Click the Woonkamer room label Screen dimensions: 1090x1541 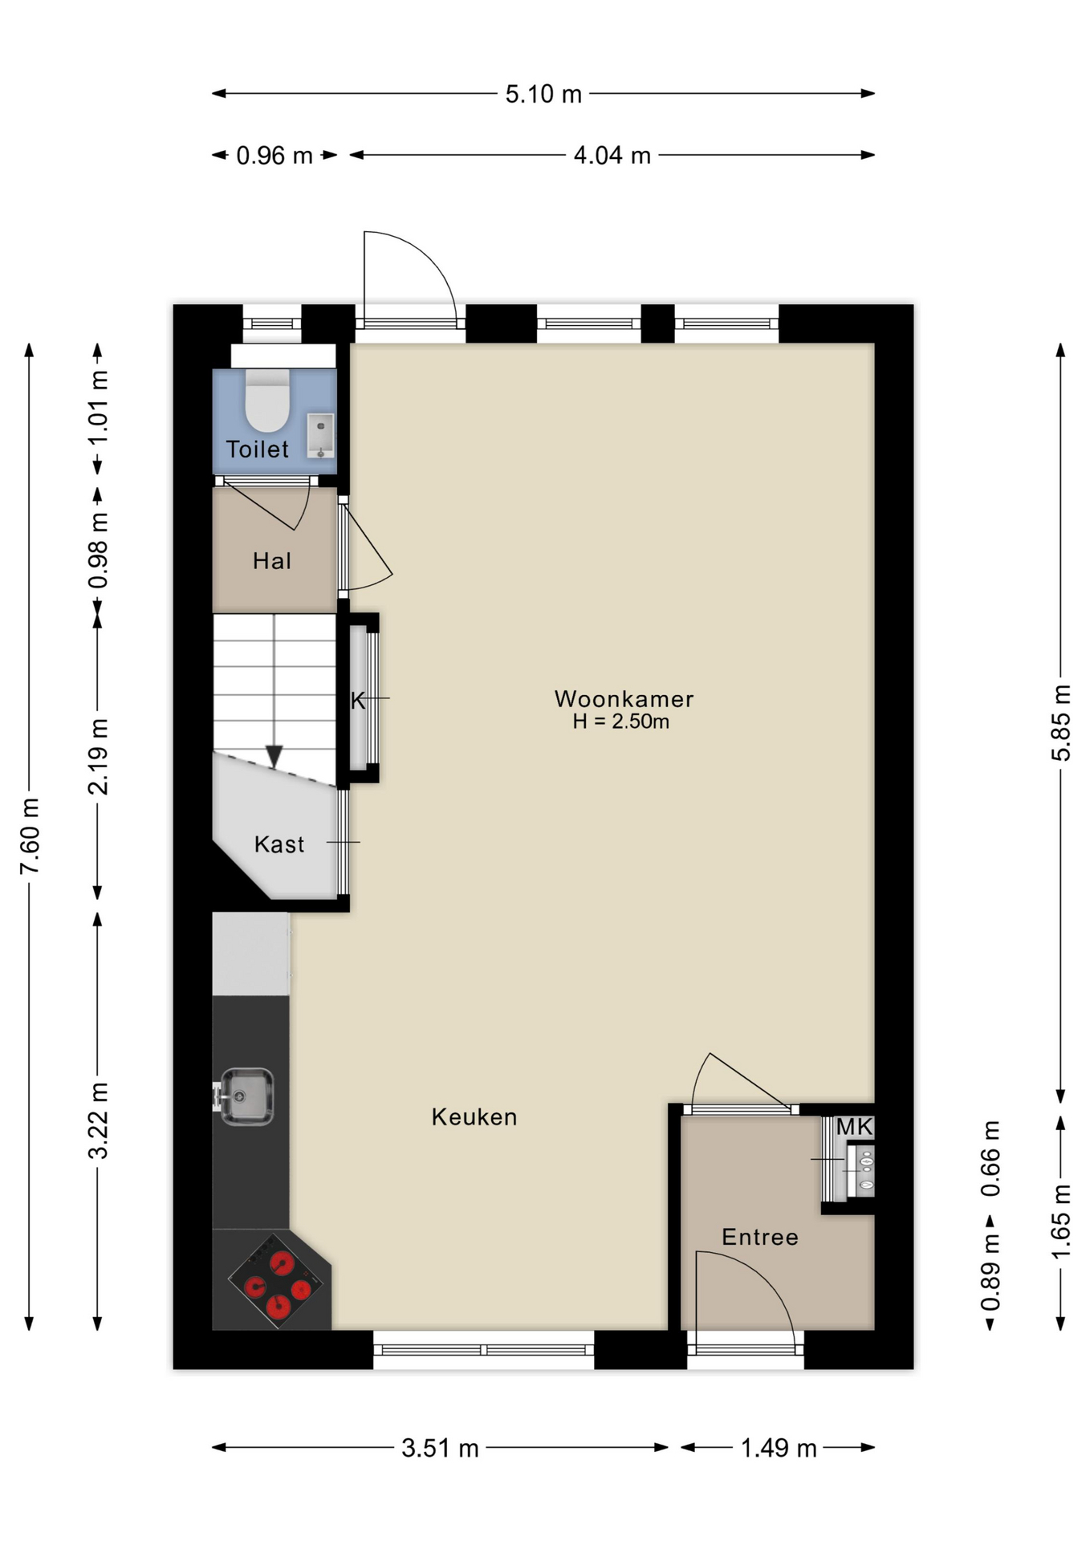(x=624, y=698)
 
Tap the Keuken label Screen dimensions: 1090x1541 (x=474, y=1116)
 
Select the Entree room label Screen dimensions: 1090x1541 (x=760, y=1237)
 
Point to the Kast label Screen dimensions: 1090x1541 (x=279, y=844)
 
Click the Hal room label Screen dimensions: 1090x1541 (x=272, y=561)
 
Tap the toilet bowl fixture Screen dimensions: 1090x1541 (x=267, y=400)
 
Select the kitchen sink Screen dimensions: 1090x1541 (x=246, y=1096)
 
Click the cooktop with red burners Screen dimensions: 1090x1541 (x=279, y=1281)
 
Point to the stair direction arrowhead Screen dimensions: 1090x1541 (x=275, y=756)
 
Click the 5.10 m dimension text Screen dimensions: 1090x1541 (x=543, y=94)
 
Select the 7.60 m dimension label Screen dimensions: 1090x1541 (x=30, y=836)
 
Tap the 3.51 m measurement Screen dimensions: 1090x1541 (x=440, y=1448)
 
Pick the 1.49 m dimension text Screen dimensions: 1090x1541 (x=779, y=1448)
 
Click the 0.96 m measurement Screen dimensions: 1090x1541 (x=275, y=155)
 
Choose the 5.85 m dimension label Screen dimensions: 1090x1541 (x=1061, y=722)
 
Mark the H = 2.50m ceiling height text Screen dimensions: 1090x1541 (x=620, y=722)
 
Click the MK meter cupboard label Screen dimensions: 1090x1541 (x=854, y=1127)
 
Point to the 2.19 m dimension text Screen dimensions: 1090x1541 (x=98, y=756)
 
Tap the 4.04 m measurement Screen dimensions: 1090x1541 (x=612, y=155)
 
